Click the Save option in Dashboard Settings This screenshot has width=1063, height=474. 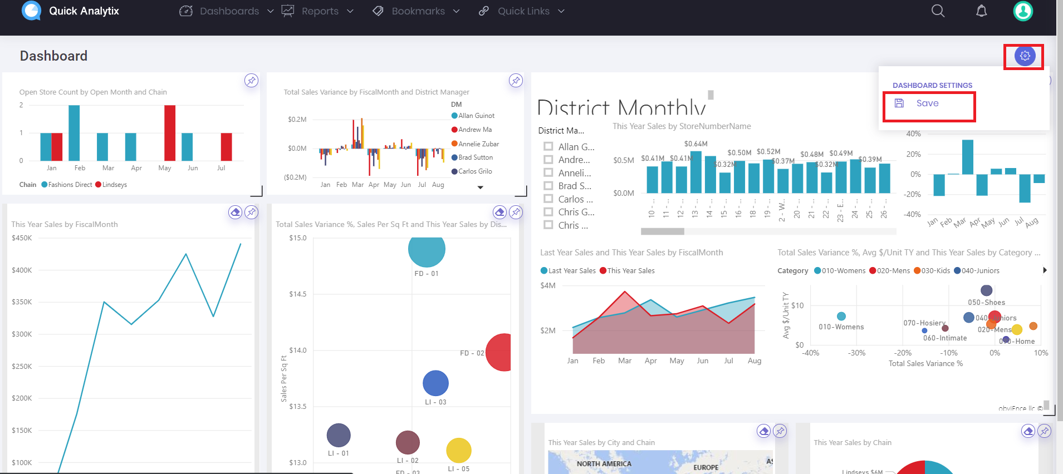pyautogui.click(x=927, y=103)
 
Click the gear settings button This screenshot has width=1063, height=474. pyautogui.click(x=1025, y=56)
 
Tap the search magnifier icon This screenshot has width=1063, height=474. pyautogui.click(x=938, y=11)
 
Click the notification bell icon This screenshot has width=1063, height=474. pyautogui.click(x=981, y=11)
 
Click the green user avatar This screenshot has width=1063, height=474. pyautogui.click(x=1022, y=11)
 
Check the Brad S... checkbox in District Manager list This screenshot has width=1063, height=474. pyautogui.click(x=548, y=186)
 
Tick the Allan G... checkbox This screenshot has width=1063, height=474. pyautogui.click(x=548, y=146)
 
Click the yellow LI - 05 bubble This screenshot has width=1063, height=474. pyautogui.click(x=459, y=450)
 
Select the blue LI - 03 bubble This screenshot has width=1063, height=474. pyautogui.click(x=435, y=383)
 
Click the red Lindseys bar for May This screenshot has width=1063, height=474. pyautogui.click(x=170, y=133)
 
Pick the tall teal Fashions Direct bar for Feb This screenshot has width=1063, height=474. pyautogui.click(x=74, y=133)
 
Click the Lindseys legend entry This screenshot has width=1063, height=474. pyautogui.click(x=114, y=185)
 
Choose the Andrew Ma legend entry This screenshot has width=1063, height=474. pyautogui.click(x=474, y=130)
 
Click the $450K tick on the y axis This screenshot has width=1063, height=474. pyautogui.click(x=22, y=238)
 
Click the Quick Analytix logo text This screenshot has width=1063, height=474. pyautogui.click(x=84, y=11)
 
